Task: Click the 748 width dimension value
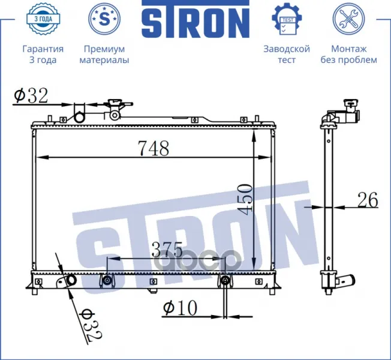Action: point(154,148)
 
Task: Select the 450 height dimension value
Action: point(245,199)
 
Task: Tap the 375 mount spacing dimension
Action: point(167,250)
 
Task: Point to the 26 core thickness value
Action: point(368,200)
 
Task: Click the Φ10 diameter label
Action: point(180,308)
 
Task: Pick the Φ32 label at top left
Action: point(31,96)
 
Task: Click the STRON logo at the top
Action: point(195,19)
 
